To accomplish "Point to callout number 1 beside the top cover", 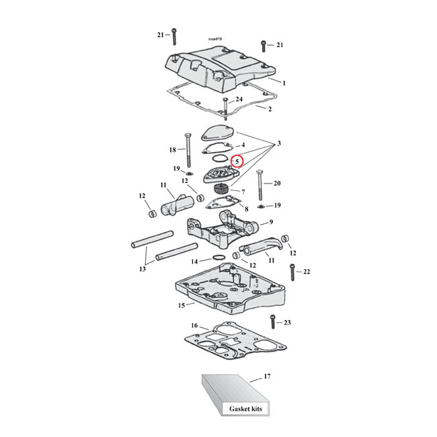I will click(284, 83).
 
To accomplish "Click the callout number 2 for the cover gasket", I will click(270, 108).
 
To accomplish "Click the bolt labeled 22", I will click(292, 272).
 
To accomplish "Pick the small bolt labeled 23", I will click(273, 323).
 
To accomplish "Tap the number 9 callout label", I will click(270, 223).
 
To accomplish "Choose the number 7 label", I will click(252, 192).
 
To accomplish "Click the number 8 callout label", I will click(246, 209).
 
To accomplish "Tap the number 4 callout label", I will click(243, 145).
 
